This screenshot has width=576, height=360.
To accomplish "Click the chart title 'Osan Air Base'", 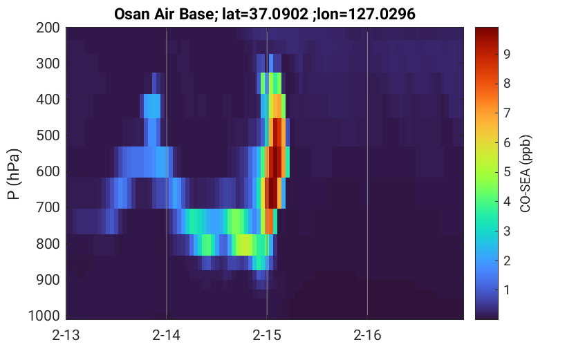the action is [x=163, y=15].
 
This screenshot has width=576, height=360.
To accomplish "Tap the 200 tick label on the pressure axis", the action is [x=48, y=28].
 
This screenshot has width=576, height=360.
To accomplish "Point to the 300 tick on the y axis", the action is [x=48, y=64].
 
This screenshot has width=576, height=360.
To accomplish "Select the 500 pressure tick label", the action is [x=48, y=135].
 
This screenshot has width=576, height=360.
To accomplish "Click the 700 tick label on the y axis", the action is [x=48, y=207].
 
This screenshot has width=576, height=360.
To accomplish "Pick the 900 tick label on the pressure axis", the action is [x=48, y=280].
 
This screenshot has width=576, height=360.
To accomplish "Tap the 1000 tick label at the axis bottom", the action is [x=44, y=316].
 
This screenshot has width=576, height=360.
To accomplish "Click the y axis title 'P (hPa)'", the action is [x=14, y=174].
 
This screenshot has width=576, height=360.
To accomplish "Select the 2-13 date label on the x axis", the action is [x=66, y=335].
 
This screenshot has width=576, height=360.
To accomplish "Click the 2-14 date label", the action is [x=167, y=335].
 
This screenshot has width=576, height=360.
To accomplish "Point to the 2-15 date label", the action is [x=267, y=335].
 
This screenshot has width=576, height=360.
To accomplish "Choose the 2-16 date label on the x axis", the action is [x=367, y=335].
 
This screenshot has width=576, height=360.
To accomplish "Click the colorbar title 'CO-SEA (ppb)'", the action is [x=526, y=173].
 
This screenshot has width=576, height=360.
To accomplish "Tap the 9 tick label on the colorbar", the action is [x=507, y=55].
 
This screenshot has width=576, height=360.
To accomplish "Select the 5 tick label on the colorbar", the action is [x=507, y=172].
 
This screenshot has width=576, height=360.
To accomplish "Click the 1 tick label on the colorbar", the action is [x=507, y=290].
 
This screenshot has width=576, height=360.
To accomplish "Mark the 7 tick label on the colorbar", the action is [x=507, y=113].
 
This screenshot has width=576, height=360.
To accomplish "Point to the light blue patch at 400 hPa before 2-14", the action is [x=152, y=106].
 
